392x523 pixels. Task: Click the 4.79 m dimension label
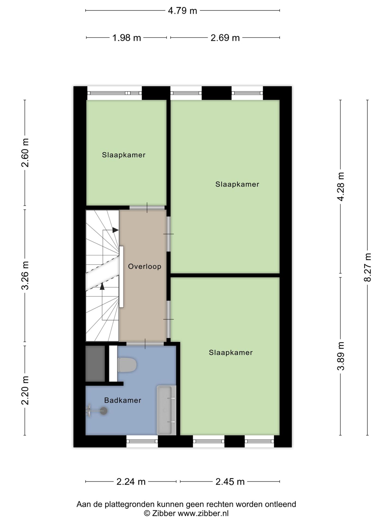tap(182, 11)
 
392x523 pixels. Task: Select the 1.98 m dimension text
tap(127, 38)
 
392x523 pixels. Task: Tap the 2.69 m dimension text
tap(225, 38)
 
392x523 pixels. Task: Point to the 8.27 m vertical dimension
tap(368, 267)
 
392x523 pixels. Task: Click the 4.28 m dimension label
tap(341, 187)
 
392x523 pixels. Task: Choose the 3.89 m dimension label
tap(341, 356)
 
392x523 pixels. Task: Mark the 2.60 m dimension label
tap(25, 153)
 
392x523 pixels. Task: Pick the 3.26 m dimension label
tap(25, 275)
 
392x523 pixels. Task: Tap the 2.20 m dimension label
tap(25, 390)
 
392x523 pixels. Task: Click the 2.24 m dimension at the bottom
tap(131, 482)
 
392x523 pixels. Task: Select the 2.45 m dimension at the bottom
tap(230, 482)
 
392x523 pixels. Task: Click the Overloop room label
tap(145, 266)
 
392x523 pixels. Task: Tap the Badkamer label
tap(122, 400)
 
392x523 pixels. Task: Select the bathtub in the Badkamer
tap(166, 410)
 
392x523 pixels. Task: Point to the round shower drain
tap(103, 411)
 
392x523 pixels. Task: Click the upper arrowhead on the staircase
tap(116, 230)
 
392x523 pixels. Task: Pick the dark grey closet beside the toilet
tap(95, 364)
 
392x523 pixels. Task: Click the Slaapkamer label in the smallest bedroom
tap(124, 155)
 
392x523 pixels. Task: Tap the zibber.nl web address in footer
tap(203, 513)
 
